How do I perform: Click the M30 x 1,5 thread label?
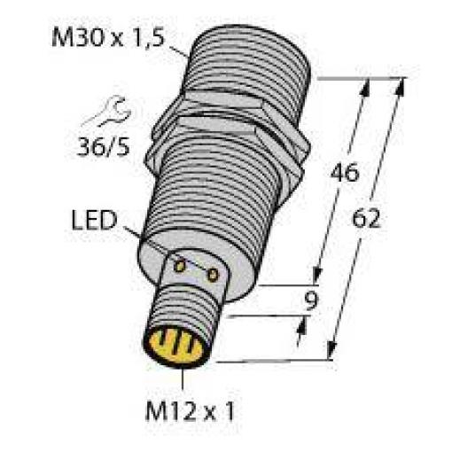point(107,37)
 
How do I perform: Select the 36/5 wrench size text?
point(103,147)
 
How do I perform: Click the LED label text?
point(94,220)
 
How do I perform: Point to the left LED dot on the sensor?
point(179,266)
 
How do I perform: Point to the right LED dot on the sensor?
point(213,276)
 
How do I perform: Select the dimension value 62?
point(366,218)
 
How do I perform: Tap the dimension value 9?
point(311,300)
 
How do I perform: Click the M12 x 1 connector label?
point(190,411)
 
